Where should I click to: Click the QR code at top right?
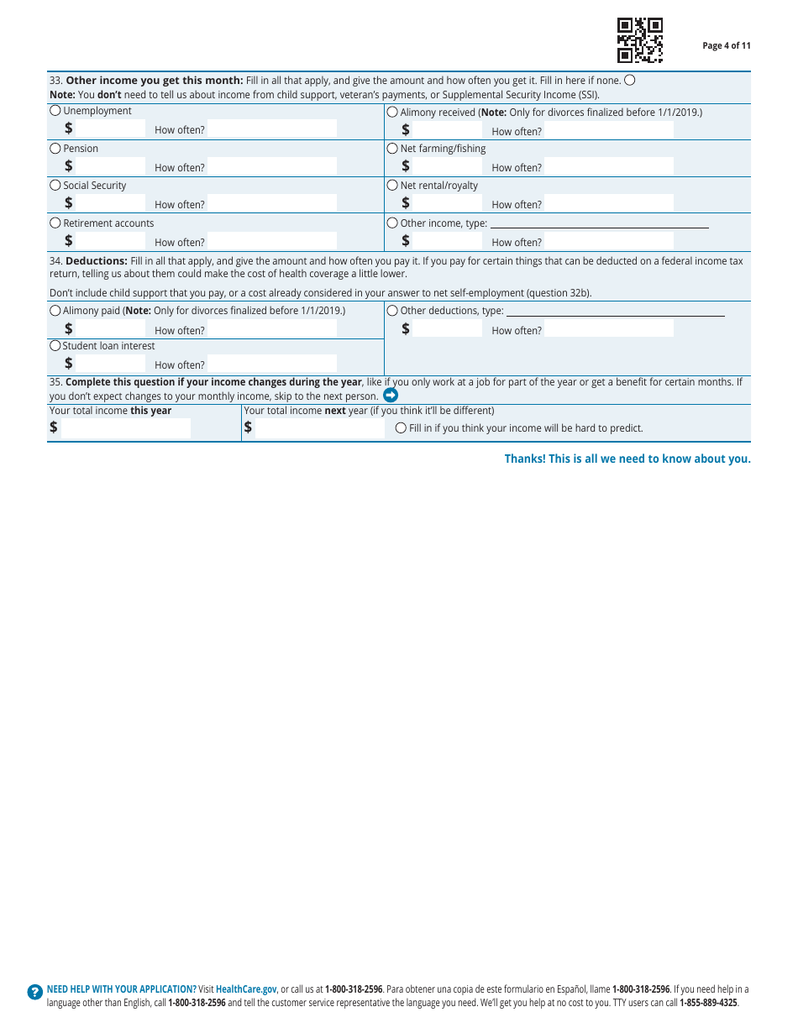[x=640, y=40]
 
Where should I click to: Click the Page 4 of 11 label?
[x=727, y=46]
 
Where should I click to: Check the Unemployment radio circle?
[x=55, y=111]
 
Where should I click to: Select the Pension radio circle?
[x=55, y=149]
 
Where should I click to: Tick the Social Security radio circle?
[x=55, y=186]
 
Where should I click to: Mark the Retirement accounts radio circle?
[x=55, y=223]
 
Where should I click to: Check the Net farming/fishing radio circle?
[x=392, y=149]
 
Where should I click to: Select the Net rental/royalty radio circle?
[x=392, y=186]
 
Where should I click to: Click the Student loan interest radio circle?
[x=55, y=346]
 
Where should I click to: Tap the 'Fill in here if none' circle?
[x=630, y=81]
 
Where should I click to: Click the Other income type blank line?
[x=599, y=223]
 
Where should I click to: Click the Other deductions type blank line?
[x=615, y=311]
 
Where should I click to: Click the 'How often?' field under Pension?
[x=271, y=166]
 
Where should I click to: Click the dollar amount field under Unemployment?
[x=112, y=128]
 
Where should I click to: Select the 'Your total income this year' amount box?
[x=126, y=427]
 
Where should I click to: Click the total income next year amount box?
[x=319, y=427]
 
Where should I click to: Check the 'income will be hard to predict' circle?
[x=401, y=428]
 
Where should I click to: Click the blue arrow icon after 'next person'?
[x=391, y=395]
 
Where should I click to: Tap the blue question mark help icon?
[x=34, y=992]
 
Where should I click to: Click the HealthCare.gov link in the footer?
[x=246, y=989]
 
